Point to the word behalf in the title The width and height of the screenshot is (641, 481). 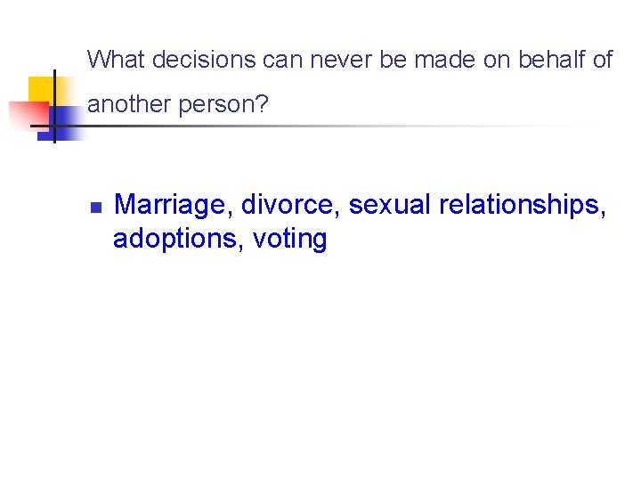pos(546,60)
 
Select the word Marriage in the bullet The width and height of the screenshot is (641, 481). pos(174,206)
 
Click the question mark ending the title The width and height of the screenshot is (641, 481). pos(262,104)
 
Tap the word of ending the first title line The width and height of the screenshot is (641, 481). pos(602,60)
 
